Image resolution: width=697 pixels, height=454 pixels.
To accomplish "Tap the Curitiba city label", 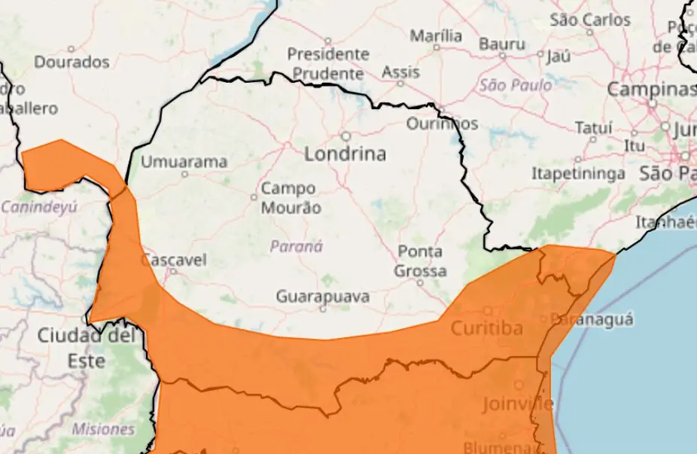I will tap(486, 328).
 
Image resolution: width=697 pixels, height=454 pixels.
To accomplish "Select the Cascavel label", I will tap(173, 260).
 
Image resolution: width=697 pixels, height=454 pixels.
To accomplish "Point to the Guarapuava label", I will tap(322, 297).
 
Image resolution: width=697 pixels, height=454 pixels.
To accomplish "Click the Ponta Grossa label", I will tap(420, 261).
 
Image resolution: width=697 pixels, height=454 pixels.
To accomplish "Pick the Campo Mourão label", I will tap(291, 198).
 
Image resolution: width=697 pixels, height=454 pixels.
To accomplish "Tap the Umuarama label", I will tap(184, 162).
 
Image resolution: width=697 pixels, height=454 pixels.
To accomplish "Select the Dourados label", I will tap(72, 62).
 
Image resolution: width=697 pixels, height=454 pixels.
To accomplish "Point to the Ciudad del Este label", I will tap(87, 347).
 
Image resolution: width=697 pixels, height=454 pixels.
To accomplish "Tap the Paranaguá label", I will tap(592, 319).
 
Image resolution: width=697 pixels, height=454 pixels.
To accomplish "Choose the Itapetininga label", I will tap(578, 174).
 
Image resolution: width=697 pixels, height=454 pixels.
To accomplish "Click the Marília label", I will tap(436, 35).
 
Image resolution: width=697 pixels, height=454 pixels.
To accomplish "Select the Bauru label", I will tap(501, 44).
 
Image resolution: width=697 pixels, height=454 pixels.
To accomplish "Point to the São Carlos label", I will tap(589, 20).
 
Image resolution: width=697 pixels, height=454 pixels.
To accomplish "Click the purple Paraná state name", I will tap(296, 246).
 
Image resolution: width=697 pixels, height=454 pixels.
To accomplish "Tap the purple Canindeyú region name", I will tap(39, 206).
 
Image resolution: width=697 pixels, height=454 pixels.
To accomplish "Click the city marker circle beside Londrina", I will tap(346, 136).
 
